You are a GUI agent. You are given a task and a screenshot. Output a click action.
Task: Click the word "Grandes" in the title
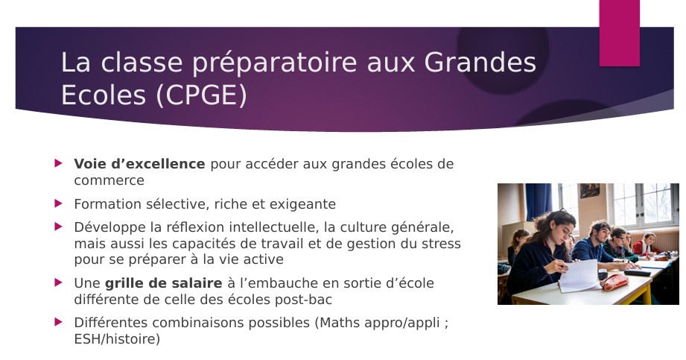pyautogui.click(x=480, y=62)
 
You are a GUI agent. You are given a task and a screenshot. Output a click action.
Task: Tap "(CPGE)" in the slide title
pyautogui.click(x=201, y=95)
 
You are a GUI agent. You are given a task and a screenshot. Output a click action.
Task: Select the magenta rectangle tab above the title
pyautogui.click(x=620, y=33)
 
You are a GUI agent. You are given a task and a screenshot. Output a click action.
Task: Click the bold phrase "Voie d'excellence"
pyautogui.click(x=139, y=164)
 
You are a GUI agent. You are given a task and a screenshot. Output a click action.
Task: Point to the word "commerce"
pyautogui.click(x=109, y=180)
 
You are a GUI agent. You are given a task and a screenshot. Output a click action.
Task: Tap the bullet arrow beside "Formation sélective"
pyautogui.click(x=59, y=203)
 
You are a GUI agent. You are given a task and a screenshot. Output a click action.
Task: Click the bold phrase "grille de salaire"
pyautogui.click(x=164, y=283)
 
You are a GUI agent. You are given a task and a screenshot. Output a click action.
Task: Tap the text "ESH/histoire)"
pyautogui.click(x=117, y=339)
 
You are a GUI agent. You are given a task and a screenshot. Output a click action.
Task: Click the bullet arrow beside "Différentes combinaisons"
pyautogui.click(x=59, y=322)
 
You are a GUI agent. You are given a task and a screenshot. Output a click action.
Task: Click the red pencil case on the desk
pyautogui.click(x=614, y=282)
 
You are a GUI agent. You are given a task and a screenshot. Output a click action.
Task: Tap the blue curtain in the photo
pyautogui.click(x=538, y=200)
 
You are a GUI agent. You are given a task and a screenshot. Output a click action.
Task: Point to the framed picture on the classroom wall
pyautogui.click(x=589, y=191)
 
